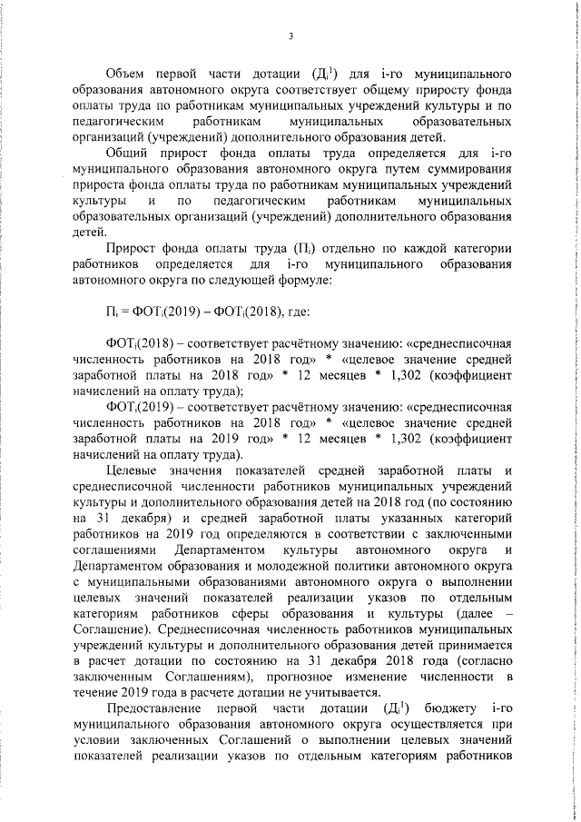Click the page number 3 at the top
(x=290, y=36)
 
